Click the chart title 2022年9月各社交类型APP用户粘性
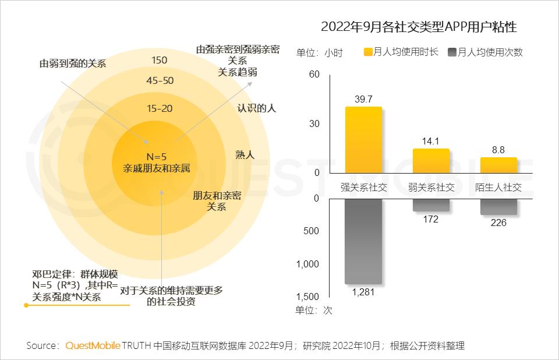[419, 27]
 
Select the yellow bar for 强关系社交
[363, 140]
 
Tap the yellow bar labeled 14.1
[431, 161]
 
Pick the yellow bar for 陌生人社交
[498, 165]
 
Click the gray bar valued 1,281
[363, 241]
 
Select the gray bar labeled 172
[431, 204]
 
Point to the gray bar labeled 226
[498, 207]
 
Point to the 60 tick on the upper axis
[314, 75]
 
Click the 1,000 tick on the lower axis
[309, 264]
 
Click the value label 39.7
[363, 100]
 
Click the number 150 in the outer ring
[159, 60]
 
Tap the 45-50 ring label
[160, 80]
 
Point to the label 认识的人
[256, 108]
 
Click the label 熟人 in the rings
[245, 154]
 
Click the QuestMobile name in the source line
[92, 346]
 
